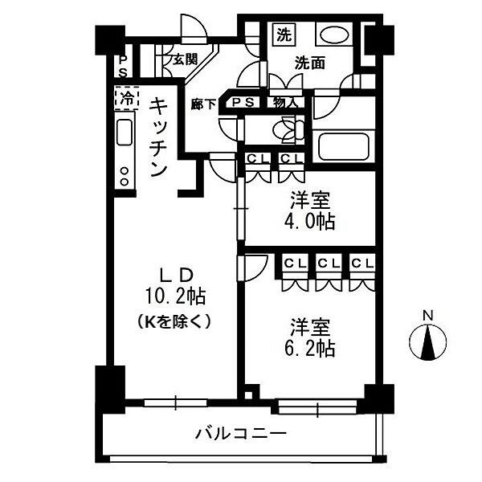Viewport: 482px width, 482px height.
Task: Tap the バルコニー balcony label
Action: (240, 435)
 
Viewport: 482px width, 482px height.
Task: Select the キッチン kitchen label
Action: (158, 137)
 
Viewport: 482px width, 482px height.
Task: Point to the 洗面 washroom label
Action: (308, 62)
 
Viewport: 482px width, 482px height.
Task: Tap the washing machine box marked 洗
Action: (284, 35)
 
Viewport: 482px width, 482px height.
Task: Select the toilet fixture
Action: (285, 129)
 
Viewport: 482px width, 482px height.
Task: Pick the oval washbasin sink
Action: (331, 35)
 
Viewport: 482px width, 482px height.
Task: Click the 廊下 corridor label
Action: (203, 104)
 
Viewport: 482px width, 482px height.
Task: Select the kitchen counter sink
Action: (125, 132)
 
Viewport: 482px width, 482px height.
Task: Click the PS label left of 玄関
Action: (122, 64)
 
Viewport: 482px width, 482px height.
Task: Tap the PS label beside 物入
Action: (244, 102)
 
